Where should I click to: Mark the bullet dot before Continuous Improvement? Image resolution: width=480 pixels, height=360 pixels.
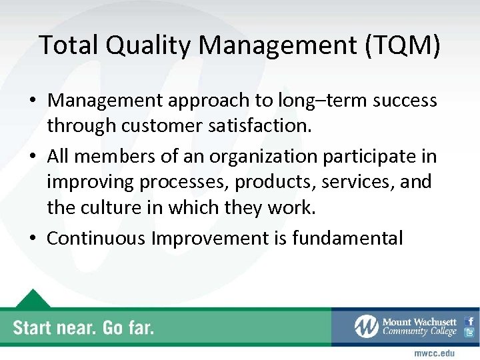(33, 237)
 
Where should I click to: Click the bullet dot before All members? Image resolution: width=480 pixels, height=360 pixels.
(33, 157)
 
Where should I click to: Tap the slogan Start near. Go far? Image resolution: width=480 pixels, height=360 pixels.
(84, 327)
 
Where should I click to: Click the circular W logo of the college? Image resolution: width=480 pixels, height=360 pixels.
(367, 327)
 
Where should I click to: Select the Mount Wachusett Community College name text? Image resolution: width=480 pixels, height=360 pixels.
(419, 327)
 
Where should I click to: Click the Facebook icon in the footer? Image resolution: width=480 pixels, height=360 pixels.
(470, 321)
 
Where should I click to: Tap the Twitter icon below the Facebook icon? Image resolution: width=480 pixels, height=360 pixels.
(470, 333)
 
